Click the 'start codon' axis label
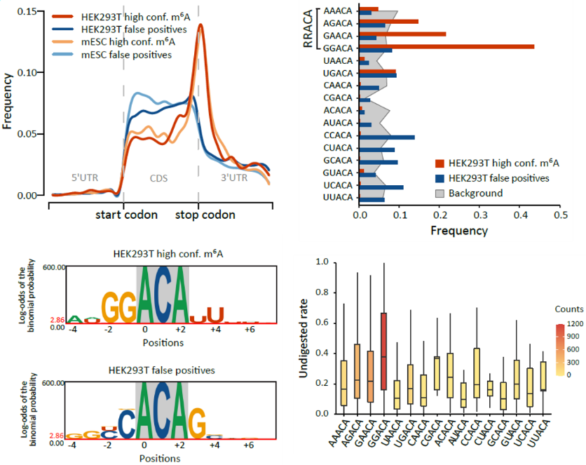(126, 215)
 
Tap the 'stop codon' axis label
(205, 215)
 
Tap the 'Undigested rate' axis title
(304, 339)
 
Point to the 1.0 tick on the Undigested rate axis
(323, 262)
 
